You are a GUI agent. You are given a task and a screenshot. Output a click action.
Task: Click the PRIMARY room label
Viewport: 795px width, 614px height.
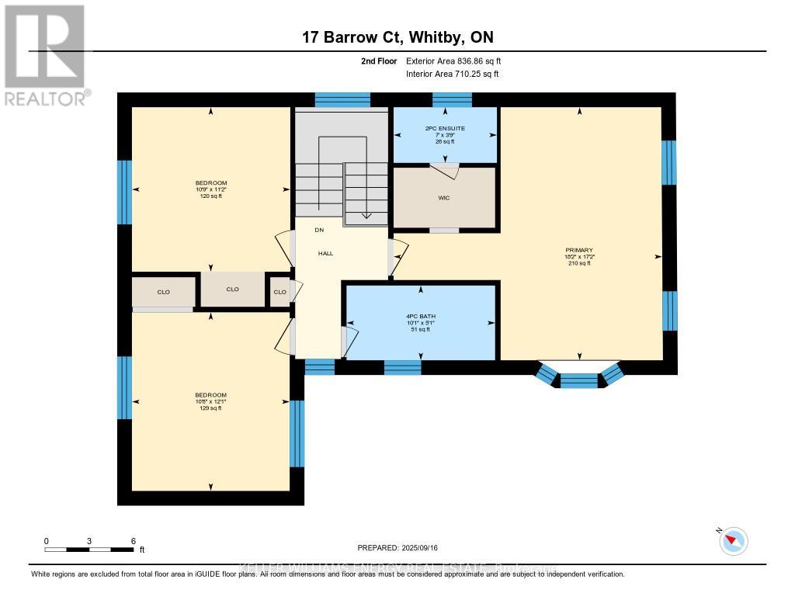click(x=579, y=250)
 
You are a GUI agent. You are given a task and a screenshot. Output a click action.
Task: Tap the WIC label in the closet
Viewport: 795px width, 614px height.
click(x=444, y=198)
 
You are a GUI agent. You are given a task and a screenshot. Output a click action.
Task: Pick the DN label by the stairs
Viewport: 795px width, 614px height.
click(x=318, y=230)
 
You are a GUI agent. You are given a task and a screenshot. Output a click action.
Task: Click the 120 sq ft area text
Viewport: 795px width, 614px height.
click(x=210, y=196)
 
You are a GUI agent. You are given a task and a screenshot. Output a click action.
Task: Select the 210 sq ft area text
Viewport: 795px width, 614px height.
click(x=579, y=263)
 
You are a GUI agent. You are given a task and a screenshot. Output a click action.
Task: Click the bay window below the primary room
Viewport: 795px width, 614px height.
click(x=579, y=380)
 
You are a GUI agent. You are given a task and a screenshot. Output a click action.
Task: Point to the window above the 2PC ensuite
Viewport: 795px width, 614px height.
click(x=452, y=99)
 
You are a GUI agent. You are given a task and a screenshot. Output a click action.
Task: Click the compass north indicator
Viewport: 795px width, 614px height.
click(x=733, y=541)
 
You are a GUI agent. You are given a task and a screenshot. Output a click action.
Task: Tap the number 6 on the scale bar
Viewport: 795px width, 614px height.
click(x=134, y=541)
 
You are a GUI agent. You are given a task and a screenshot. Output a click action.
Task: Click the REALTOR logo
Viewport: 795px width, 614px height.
click(x=45, y=54)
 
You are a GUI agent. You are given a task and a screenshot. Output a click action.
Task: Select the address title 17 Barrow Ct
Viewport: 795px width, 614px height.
click(x=397, y=37)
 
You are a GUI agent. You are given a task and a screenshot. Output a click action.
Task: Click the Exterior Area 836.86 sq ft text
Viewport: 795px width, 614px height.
click(x=459, y=61)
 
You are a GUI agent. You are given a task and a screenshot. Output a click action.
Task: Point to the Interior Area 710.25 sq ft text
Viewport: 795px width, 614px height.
click(x=453, y=74)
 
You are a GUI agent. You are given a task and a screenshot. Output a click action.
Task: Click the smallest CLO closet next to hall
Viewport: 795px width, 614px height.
click(x=279, y=292)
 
